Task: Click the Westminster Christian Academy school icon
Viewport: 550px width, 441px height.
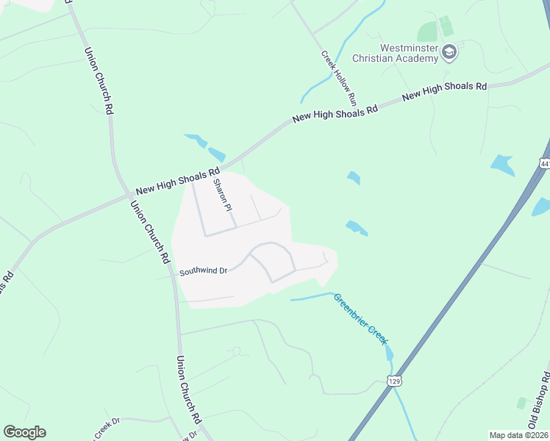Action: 450,51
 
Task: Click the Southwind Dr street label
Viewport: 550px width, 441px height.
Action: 204,271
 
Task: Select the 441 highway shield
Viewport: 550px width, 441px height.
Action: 544,162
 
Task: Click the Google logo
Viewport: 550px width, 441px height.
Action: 24,432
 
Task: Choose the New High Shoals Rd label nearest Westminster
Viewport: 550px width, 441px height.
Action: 444,91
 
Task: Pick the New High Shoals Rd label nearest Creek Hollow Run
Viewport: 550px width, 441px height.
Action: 335,112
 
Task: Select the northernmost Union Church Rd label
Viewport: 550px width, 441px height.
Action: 99,80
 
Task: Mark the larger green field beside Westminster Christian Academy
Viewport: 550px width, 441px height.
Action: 427,32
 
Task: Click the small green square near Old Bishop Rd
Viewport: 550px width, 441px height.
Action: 521,403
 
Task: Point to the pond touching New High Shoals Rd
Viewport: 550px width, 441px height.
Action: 215,154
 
